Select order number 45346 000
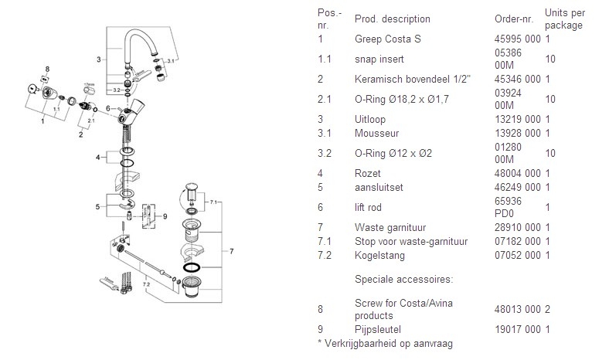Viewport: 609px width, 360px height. click(x=517, y=78)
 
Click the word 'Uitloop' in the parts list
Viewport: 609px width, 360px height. click(x=369, y=120)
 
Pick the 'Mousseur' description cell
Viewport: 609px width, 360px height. click(x=373, y=134)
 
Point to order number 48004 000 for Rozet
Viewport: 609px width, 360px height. click(x=517, y=173)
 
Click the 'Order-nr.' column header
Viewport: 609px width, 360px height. click(x=513, y=19)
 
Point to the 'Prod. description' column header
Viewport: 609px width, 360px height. click(x=392, y=19)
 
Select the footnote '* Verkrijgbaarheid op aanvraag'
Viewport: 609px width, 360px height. click(x=384, y=343)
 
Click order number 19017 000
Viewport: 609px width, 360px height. click(x=517, y=329)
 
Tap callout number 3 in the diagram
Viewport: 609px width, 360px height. click(x=99, y=59)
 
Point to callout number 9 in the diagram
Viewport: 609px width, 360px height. click(x=165, y=216)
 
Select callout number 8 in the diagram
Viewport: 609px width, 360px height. click(x=47, y=70)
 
